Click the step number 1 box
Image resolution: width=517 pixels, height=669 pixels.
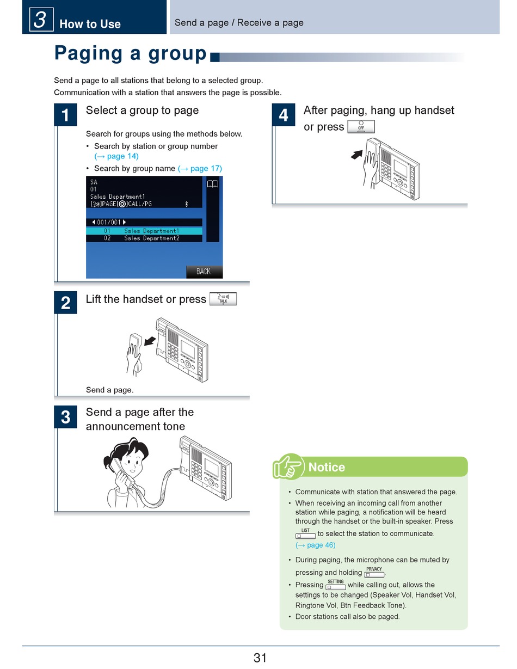point(65,115)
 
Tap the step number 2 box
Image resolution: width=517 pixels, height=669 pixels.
point(65,303)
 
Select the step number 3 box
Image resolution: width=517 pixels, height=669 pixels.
point(65,417)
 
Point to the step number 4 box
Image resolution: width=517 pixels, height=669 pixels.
point(284,115)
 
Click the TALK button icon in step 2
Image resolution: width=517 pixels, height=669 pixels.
point(223,299)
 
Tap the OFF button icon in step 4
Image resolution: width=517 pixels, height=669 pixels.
point(361,127)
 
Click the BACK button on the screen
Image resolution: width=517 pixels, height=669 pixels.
point(204,271)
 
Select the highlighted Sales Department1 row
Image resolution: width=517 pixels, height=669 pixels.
point(144,231)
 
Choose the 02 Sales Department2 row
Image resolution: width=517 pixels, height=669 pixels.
point(144,238)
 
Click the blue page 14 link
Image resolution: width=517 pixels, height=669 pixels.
point(116,156)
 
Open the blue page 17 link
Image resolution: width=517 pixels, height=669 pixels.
point(200,168)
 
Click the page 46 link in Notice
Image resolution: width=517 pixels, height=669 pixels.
point(316,545)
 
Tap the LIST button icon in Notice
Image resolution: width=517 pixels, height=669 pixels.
point(305,534)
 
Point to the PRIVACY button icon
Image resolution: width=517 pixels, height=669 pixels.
point(374,573)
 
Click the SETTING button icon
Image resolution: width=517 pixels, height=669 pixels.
point(336,585)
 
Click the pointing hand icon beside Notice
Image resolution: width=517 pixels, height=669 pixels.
point(288,467)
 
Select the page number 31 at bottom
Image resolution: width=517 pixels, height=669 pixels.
point(260,658)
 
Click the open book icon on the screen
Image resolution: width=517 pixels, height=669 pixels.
point(212,185)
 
